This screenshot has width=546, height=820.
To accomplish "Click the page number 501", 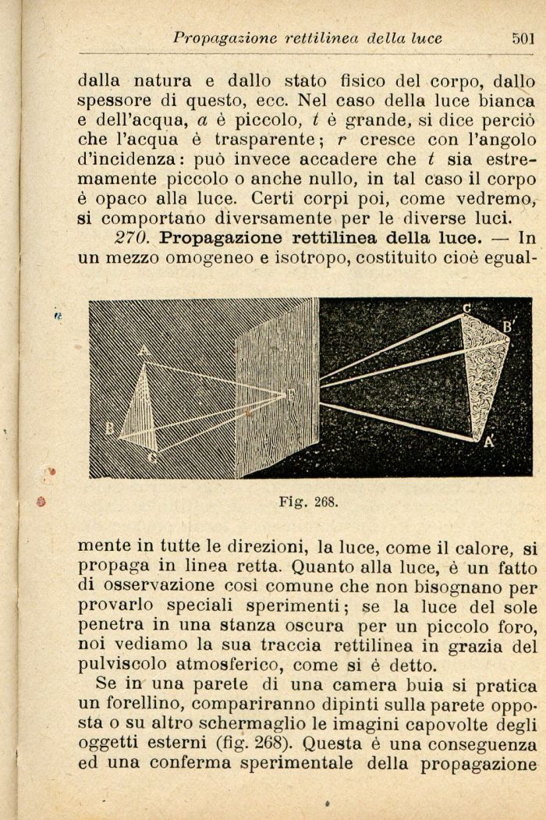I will (523, 38).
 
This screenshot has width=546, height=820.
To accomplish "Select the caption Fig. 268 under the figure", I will (309, 502).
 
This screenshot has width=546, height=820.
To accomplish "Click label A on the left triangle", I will (144, 351).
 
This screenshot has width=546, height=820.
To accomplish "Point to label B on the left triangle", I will (110, 428).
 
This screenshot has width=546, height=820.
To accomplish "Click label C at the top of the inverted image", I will (466, 308).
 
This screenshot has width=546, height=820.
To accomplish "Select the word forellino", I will (134, 705).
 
